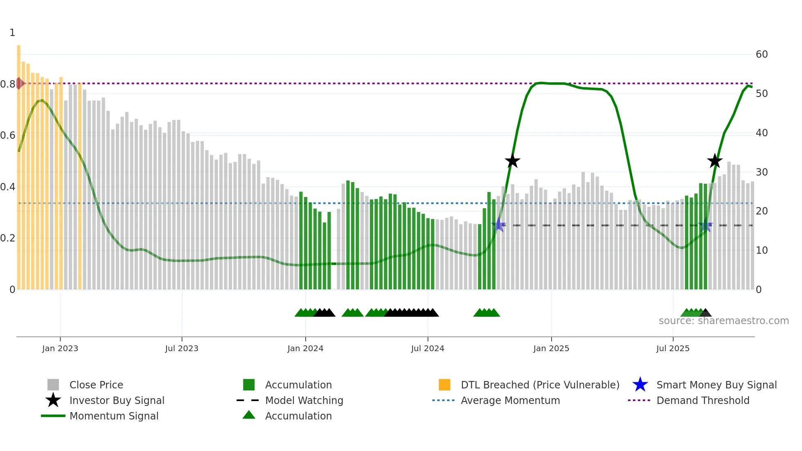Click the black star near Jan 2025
click(512, 161)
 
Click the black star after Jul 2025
click(715, 161)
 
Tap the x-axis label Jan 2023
click(60, 348)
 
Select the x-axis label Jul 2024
click(428, 348)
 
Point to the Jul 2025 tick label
click(673, 348)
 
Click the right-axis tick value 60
click(761, 54)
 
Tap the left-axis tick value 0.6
click(8, 135)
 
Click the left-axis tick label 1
click(12, 33)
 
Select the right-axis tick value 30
click(761, 172)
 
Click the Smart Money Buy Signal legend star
click(640, 385)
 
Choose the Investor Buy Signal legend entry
click(117, 400)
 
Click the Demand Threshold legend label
click(703, 400)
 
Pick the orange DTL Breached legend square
click(444, 385)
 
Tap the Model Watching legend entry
click(304, 400)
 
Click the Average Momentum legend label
click(510, 400)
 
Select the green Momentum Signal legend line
click(53, 416)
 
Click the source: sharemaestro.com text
click(723, 321)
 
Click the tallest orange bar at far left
click(19, 164)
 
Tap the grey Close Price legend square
click(53, 385)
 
